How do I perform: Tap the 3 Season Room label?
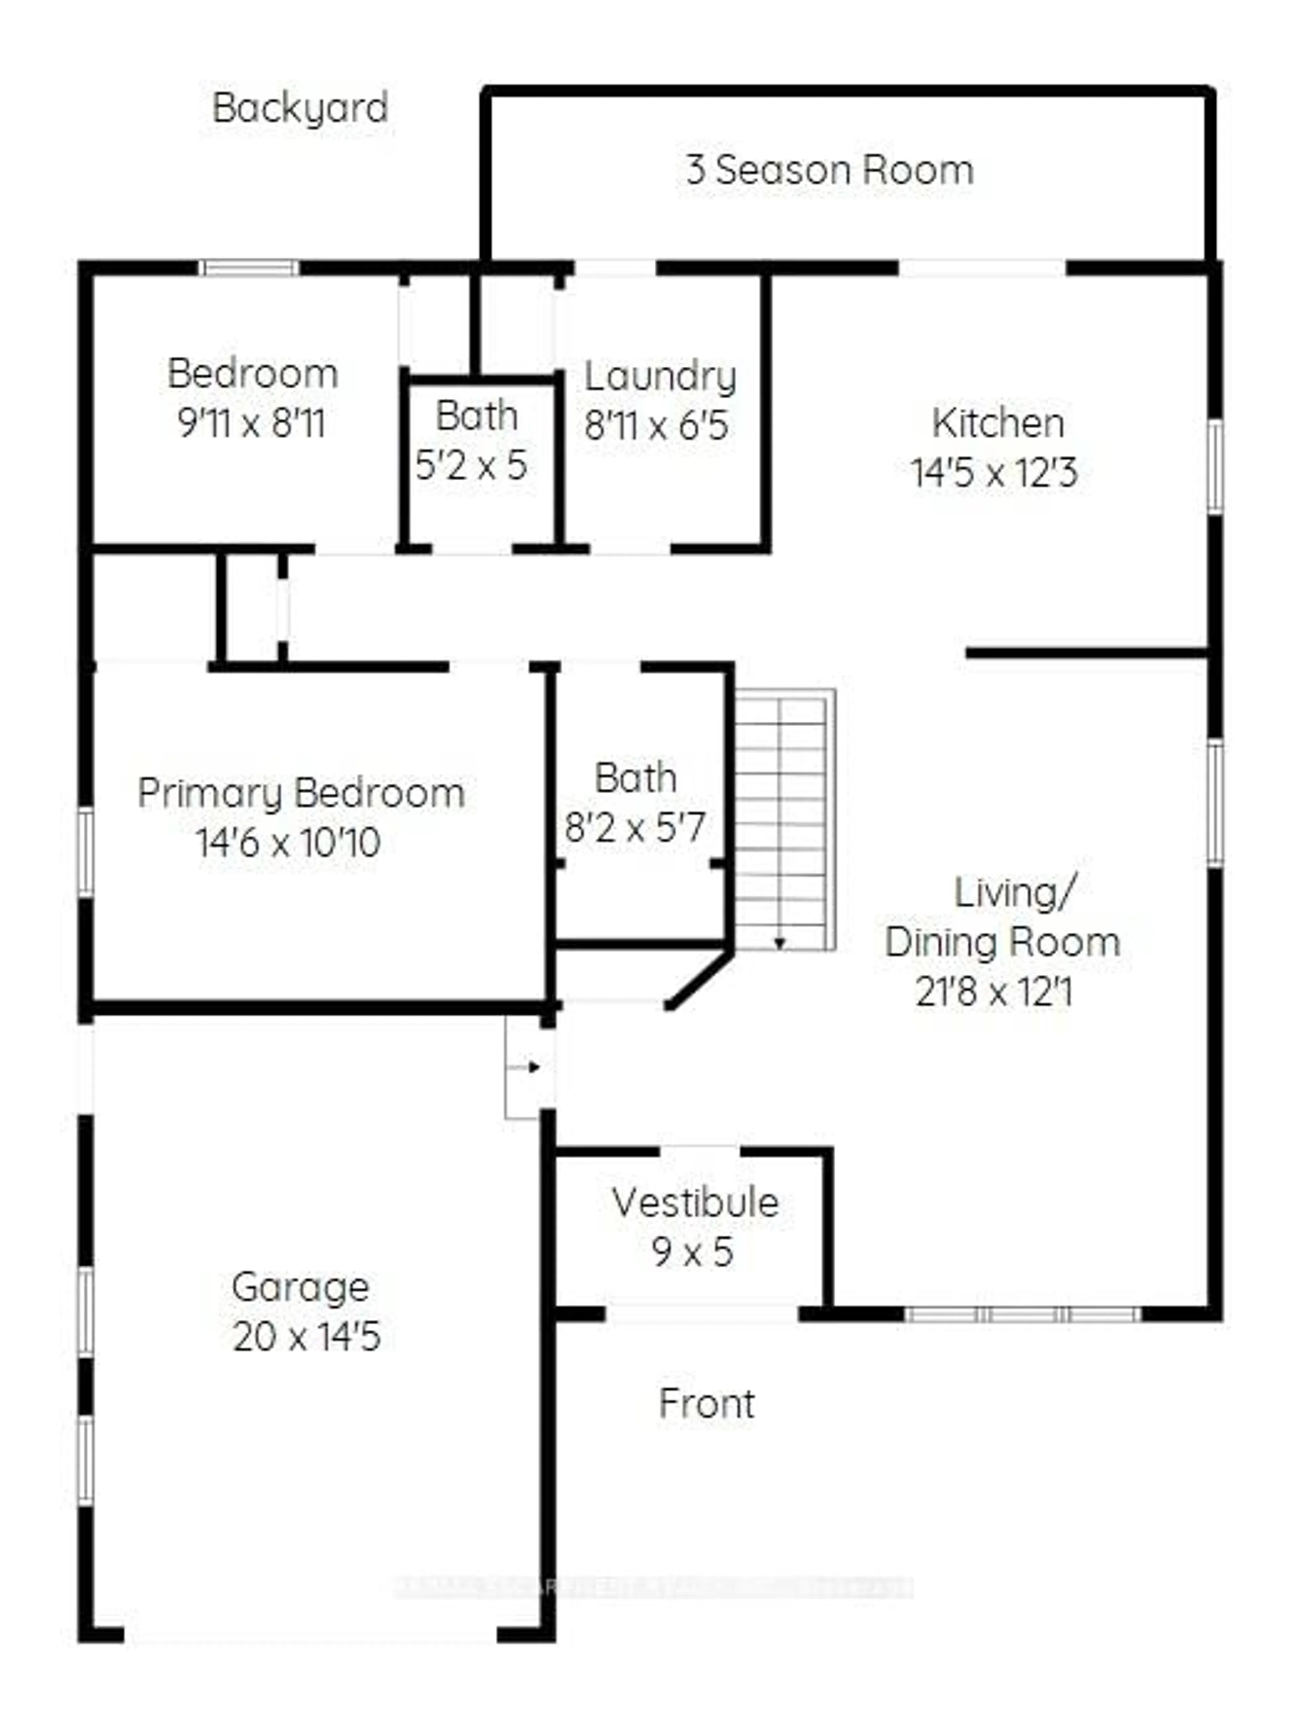[830, 170]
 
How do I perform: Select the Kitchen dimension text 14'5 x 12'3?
[994, 473]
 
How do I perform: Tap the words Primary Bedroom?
[302, 794]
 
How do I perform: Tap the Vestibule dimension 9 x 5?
[693, 1253]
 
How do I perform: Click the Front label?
[707, 1404]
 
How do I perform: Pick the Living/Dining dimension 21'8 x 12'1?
[994, 993]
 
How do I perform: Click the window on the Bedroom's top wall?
[249, 268]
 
